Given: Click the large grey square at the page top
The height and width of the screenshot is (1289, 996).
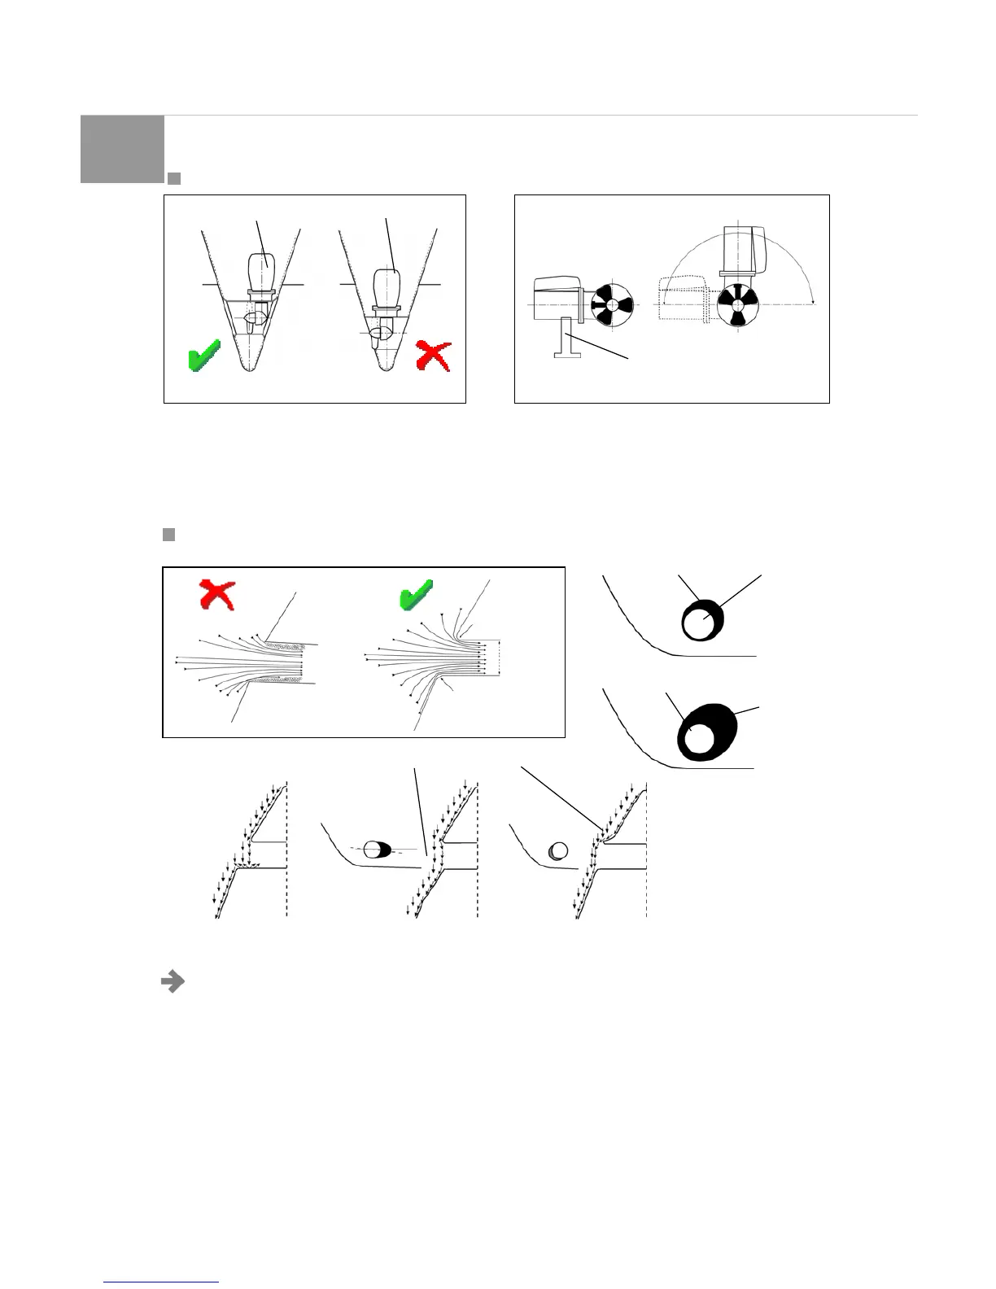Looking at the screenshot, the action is click(x=122, y=149).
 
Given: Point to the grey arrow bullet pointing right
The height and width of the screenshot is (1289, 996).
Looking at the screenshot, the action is click(x=172, y=982).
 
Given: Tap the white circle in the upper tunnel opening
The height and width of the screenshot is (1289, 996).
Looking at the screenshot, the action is click(x=698, y=624).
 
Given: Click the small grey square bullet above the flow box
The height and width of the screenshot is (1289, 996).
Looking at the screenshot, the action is click(x=169, y=535).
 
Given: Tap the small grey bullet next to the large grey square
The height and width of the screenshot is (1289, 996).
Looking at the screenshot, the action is click(x=173, y=177).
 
